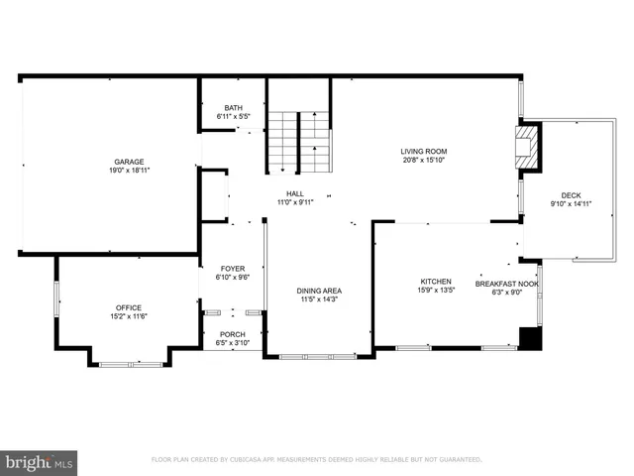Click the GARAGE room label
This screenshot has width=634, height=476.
pyautogui.click(x=129, y=161)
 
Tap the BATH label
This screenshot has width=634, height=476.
pyautogui.click(x=233, y=108)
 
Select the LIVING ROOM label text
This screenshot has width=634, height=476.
pyautogui.click(x=423, y=151)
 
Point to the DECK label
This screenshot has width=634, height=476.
pyautogui.click(x=571, y=195)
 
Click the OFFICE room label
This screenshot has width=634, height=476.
pyautogui.click(x=129, y=307)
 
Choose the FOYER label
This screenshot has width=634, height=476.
pyautogui.click(x=232, y=269)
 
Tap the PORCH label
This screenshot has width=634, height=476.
pyautogui.click(x=232, y=334)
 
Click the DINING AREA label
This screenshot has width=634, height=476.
pyautogui.click(x=319, y=291)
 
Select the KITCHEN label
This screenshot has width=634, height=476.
pyautogui.click(x=436, y=282)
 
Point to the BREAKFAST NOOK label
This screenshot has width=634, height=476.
pyautogui.click(x=507, y=284)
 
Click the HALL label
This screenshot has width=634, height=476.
pyautogui.click(x=295, y=193)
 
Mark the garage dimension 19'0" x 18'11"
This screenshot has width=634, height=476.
pyautogui.click(x=129, y=170)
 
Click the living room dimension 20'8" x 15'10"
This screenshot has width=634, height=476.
pyautogui.click(x=423, y=160)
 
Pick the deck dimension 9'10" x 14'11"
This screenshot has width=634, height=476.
pyautogui.click(x=571, y=204)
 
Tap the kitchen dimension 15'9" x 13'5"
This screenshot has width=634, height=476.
pyautogui.click(x=436, y=292)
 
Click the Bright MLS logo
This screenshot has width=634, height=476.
pyautogui.click(x=40, y=462)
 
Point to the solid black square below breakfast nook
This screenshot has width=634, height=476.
pyautogui.click(x=531, y=338)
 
